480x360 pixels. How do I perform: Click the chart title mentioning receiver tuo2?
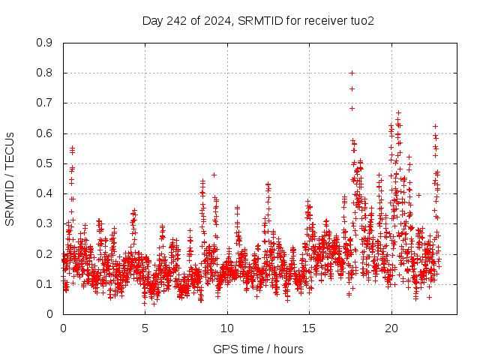[258, 20]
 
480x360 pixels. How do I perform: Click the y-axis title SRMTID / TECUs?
[10, 178]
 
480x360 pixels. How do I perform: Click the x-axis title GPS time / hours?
[259, 349]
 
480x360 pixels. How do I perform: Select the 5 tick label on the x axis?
[145, 328]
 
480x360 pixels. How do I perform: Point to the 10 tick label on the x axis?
[227, 328]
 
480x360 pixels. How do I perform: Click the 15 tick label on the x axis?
[309, 328]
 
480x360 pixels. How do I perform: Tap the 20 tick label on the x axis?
[391, 328]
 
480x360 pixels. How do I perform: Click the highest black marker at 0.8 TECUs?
[352, 73]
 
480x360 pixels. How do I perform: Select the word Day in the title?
[152, 20]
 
